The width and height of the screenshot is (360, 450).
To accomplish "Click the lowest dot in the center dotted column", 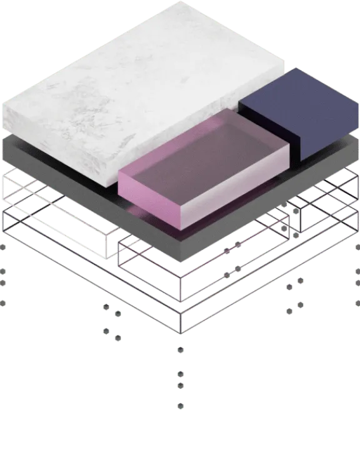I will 180,406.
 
